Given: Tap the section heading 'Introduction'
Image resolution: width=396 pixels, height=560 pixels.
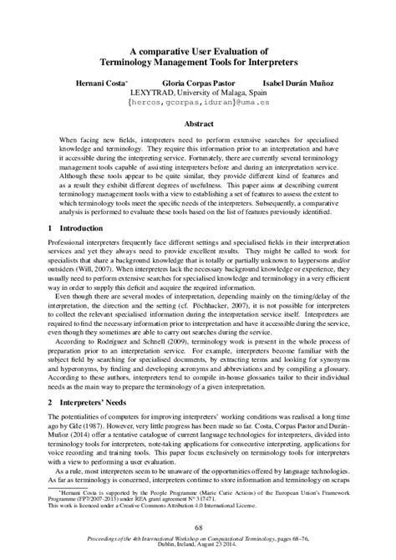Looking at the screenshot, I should coord(87,227).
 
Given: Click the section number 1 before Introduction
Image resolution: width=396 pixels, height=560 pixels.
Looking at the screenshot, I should coord(51,227).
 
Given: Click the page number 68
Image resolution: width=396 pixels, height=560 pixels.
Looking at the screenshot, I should coord(198,526).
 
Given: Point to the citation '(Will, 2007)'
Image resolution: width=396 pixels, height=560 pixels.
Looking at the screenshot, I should coord(94,273).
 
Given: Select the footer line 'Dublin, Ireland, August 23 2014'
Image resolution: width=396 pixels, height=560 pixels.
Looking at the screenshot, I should coord(198,551).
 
